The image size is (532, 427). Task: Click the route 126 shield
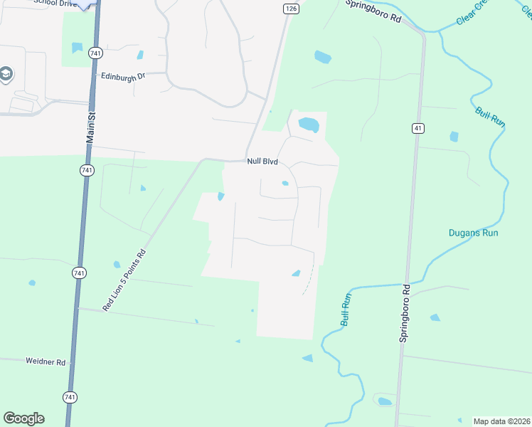[289, 8]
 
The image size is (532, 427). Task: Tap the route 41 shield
[417, 127]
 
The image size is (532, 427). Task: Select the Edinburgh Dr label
[122, 75]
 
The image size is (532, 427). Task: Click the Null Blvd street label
[262, 162]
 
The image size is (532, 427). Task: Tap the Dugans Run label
[473, 233]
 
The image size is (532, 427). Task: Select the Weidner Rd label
[46, 362]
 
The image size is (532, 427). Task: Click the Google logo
[23, 418]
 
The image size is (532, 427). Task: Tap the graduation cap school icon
[6, 73]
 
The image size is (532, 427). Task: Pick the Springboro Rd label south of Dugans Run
[405, 314]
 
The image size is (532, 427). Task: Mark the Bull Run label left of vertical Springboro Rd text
[345, 309]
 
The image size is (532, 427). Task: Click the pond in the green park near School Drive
[76, 48]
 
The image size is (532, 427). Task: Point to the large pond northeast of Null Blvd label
[309, 125]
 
